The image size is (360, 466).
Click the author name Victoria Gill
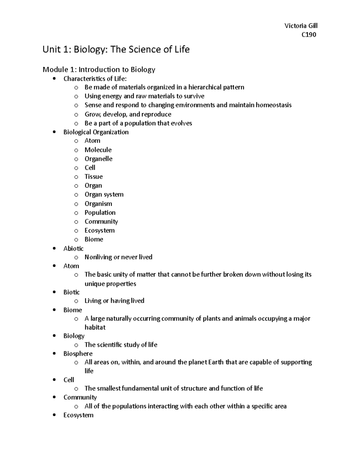(x=301, y=26)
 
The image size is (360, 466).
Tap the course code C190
(x=309, y=35)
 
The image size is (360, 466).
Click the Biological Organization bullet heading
(x=96, y=132)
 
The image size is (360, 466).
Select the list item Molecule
(x=98, y=150)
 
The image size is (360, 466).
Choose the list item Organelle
(x=98, y=159)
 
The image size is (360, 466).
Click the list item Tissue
(x=94, y=176)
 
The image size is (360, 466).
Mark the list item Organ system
(x=104, y=194)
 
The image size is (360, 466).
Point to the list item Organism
(x=98, y=204)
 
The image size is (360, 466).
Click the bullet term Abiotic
(x=73, y=248)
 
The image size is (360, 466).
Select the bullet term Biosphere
(x=78, y=353)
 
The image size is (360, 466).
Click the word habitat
(x=95, y=327)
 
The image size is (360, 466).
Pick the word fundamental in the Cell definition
(x=140, y=389)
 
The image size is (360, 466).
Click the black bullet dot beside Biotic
(x=54, y=292)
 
